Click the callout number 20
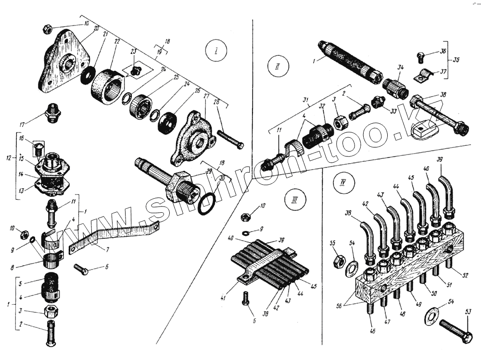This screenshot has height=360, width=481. tap(96, 29)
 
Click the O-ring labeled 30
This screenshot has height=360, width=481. tap(207, 204)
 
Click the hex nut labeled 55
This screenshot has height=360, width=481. tap(339, 262)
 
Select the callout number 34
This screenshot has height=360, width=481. tap(400, 68)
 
